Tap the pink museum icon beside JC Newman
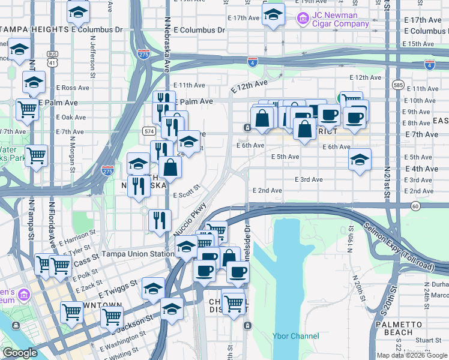pyautogui.click(x=303, y=19)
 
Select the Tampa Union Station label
pyautogui.click(x=137, y=254)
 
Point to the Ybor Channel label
pyautogui.click(x=295, y=336)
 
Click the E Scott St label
pyautogui.click(x=186, y=195)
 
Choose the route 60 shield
pyautogui.click(x=415, y=206)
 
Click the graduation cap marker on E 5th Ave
pyautogui.click(x=360, y=160)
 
